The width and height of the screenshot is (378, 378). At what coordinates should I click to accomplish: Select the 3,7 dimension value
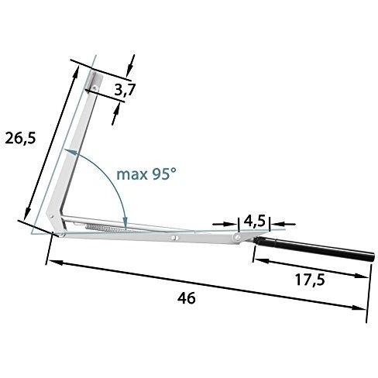click(125, 91)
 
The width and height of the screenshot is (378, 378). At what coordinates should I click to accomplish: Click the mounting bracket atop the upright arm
click(93, 82)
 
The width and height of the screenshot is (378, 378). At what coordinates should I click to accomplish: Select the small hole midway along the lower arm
click(176, 237)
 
